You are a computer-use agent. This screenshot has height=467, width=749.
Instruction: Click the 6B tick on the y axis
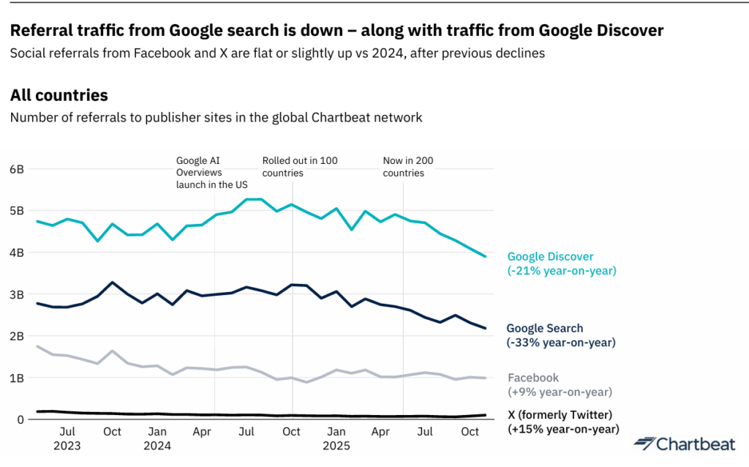coord(17,169)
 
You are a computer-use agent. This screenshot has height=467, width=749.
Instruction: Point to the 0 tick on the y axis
coord(20,420)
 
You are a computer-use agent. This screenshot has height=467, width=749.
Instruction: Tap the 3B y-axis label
coord(17,294)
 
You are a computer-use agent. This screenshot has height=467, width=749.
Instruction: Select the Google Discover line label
coord(550,257)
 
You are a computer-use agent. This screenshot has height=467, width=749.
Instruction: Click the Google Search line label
coord(545,329)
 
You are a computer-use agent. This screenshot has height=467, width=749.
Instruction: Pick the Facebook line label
coord(533,378)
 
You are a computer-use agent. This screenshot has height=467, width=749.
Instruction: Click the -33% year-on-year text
coord(561,343)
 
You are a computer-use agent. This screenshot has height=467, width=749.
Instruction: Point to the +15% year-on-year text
coord(563,429)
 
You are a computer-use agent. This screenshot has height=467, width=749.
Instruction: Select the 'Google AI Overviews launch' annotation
coord(212,173)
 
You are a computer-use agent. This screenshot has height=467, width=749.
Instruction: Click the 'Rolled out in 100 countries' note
coord(300,167)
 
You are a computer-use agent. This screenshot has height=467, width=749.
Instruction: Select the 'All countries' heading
coord(59,95)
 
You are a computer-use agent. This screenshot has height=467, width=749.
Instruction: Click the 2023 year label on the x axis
coord(67,445)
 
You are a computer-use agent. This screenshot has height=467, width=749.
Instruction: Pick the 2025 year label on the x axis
coord(336,445)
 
